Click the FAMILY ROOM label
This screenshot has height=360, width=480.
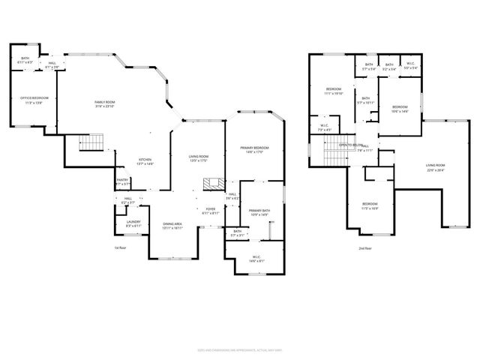pos(105,102)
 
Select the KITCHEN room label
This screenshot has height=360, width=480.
pos(145,160)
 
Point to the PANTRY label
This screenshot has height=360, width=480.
pos(121,180)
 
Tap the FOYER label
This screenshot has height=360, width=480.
pos(210,209)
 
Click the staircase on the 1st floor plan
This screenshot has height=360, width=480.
pos(91,142)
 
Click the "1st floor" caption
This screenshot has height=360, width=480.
pos(119,247)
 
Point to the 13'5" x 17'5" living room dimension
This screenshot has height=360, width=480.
pos(198,160)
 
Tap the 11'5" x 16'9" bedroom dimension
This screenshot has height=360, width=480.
pos(370,208)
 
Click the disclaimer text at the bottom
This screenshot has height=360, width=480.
pos(239,349)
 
